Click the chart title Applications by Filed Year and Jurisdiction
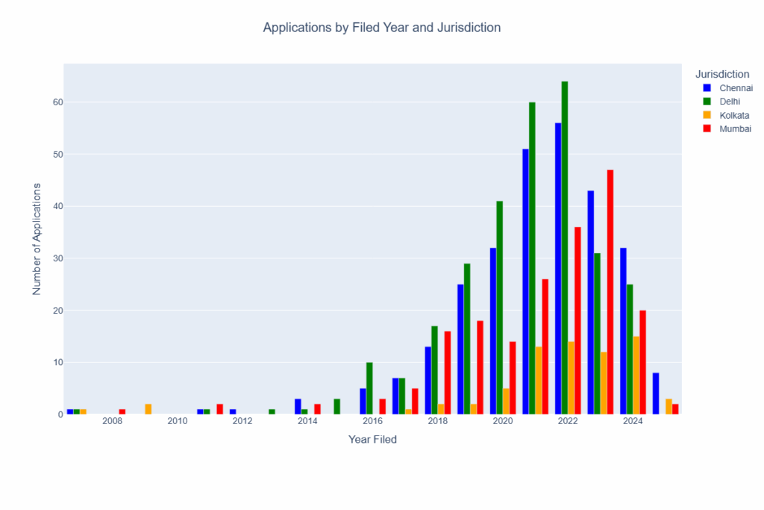point(381,28)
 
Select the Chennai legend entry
point(735,88)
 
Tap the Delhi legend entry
point(730,102)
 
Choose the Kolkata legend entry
point(734,115)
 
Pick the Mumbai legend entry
point(735,128)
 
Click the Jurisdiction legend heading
point(721,74)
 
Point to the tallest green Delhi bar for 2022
point(565,246)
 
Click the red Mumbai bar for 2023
point(610,291)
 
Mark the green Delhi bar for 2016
point(369,388)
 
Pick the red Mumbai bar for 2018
point(448,373)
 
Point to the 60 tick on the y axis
point(57,102)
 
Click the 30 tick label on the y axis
point(57,258)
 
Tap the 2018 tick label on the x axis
point(438,422)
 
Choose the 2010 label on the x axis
point(178,422)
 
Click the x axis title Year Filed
point(372,440)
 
